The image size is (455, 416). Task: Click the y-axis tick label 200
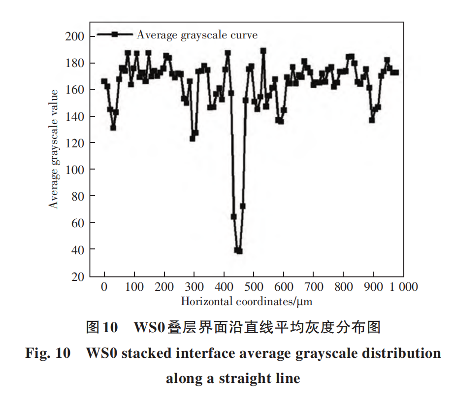[75, 36]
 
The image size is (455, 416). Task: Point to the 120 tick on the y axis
[75, 143]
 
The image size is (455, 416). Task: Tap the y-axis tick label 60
[78, 223]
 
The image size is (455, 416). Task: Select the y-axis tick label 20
[78, 276]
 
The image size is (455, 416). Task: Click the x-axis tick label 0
[104, 287]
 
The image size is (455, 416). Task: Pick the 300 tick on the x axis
[194, 287]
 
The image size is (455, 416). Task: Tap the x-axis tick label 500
[254, 287]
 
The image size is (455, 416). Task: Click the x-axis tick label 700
[314, 287]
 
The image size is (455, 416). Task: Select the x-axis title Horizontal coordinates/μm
[247, 301]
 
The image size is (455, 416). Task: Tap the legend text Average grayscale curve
[197, 35]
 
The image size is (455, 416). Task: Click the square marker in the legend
[115, 34]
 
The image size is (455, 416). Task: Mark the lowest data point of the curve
[239, 251]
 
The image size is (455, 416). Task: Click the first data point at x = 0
[104, 81]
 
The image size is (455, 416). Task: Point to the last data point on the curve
[396, 72]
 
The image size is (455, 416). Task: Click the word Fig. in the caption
[37, 353]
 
